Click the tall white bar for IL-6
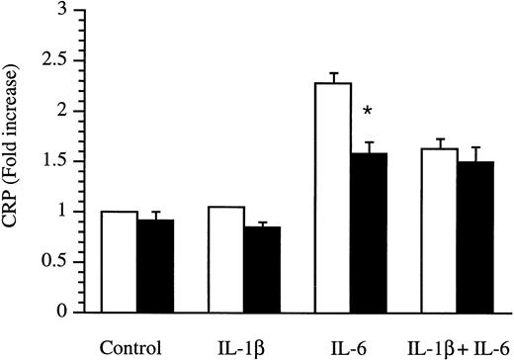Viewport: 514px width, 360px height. [x=333, y=197]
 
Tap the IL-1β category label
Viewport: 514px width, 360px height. [x=242, y=347]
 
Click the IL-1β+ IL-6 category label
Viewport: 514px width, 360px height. [x=455, y=347]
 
